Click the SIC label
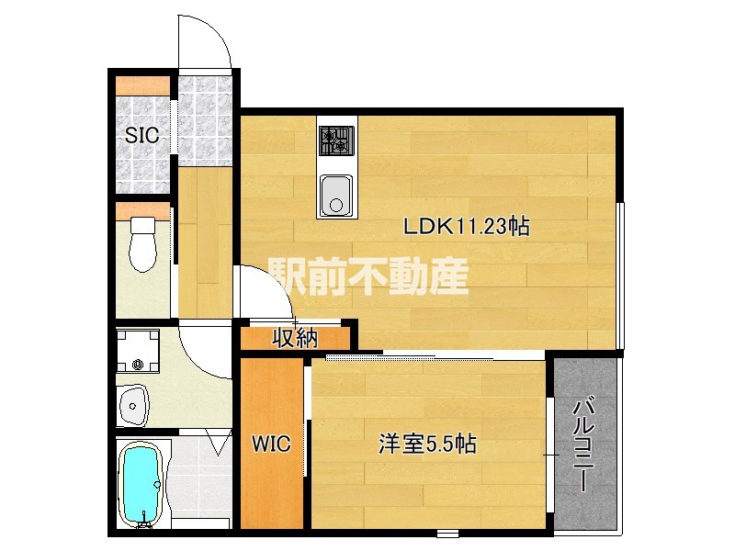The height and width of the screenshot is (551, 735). tap(142, 136)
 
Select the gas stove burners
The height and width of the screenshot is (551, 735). tap(335, 141)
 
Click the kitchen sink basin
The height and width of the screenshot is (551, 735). tap(334, 196)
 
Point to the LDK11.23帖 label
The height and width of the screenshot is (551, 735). tap(468, 227)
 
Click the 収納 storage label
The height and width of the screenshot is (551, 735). tap(294, 338)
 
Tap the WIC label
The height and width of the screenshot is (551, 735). tap(272, 445)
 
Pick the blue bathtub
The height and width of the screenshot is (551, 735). tap(142, 485)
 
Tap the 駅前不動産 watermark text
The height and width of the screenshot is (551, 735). tap(368, 275)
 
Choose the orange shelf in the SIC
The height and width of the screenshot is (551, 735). tap(143, 87)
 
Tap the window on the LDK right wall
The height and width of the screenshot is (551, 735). tap(621, 275)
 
